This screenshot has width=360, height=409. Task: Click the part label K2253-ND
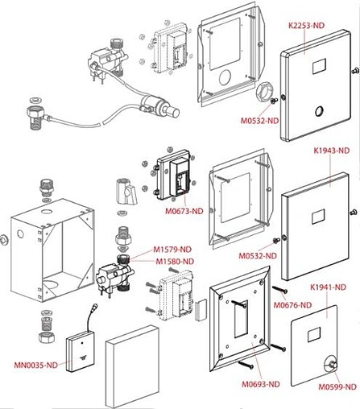click(x=306, y=26)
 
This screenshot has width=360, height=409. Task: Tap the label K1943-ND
click(x=332, y=151)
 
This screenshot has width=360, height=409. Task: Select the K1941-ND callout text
click(x=328, y=287)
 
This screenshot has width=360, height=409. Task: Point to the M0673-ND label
click(x=184, y=211)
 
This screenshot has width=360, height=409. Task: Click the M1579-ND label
click(x=172, y=250)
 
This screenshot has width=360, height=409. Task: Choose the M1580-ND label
click(x=175, y=262)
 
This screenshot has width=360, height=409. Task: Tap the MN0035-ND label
click(x=36, y=365)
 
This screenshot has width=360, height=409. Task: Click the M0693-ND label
click(x=261, y=384)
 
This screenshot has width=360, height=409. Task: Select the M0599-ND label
click(x=337, y=386)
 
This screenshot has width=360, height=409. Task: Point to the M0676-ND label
click(x=292, y=305)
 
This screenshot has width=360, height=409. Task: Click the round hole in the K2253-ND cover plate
click(x=320, y=111)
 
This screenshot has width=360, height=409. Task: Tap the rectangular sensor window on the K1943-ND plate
click(x=318, y=217)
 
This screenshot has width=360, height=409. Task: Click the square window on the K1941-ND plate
click(x=314, y=335)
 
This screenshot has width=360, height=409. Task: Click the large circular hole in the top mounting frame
click(x=225, y=77)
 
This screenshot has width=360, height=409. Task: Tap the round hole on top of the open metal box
click(x=48, y=212)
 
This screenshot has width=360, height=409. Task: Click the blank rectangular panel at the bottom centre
click(x=132, y=366)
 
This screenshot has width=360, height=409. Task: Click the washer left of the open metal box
click(x=4, y=240)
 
